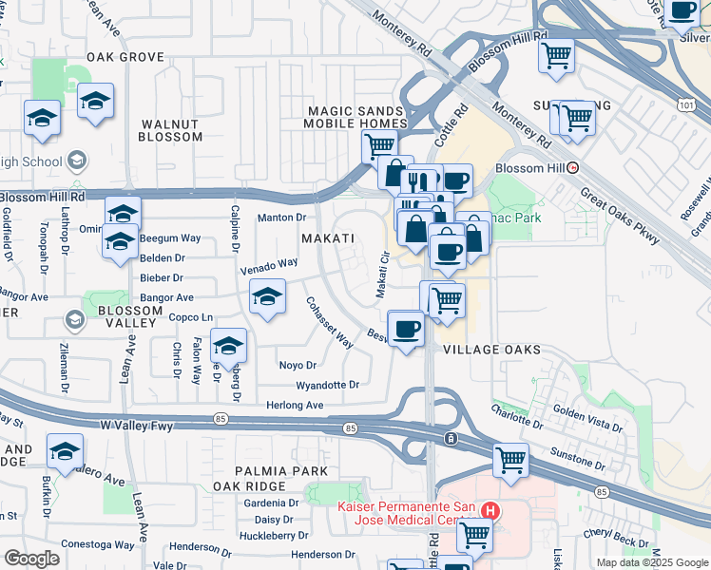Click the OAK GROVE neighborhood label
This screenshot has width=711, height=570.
pos(125,57)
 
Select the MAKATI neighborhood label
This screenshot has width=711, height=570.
pos(328,238)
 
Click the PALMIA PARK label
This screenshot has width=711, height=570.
pos(283,471)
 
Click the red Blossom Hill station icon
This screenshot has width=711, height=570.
pos(573,167)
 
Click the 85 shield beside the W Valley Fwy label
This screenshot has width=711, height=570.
pos(220,418)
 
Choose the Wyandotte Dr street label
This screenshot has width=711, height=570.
pos(327,386)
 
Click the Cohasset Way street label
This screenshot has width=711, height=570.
pos(329,323)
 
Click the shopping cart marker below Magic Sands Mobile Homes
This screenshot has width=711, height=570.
pos(379,145)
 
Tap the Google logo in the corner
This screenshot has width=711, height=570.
pos(31,559)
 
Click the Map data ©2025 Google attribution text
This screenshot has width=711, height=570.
pos(652,562)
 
